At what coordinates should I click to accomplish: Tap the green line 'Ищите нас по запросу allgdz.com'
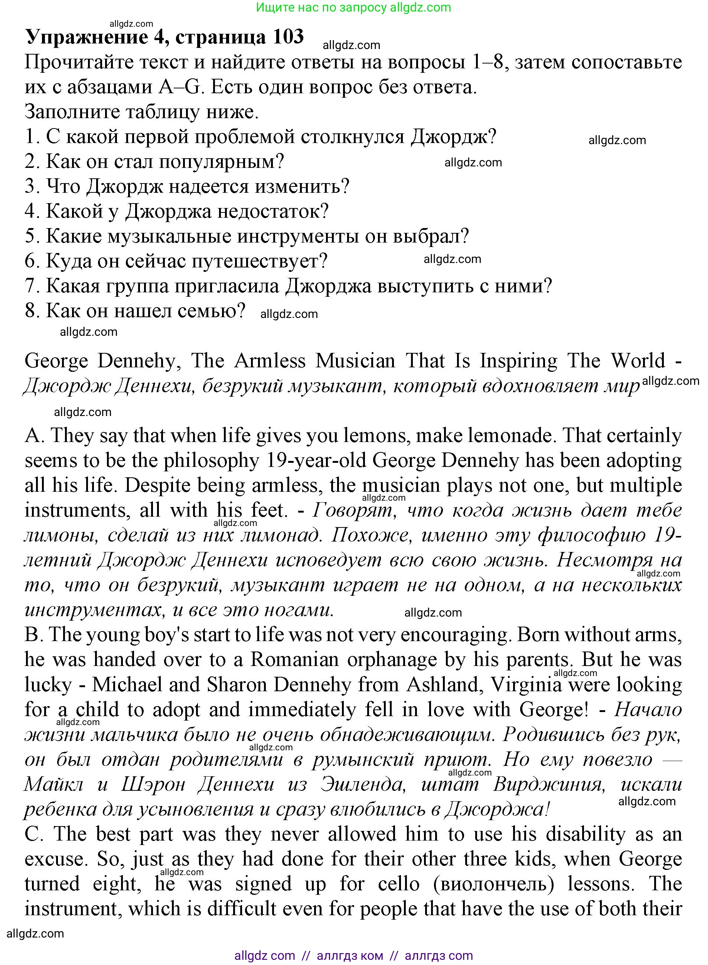353,7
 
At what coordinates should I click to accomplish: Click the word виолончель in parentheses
495,884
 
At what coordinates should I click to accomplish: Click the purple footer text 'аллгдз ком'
350,956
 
